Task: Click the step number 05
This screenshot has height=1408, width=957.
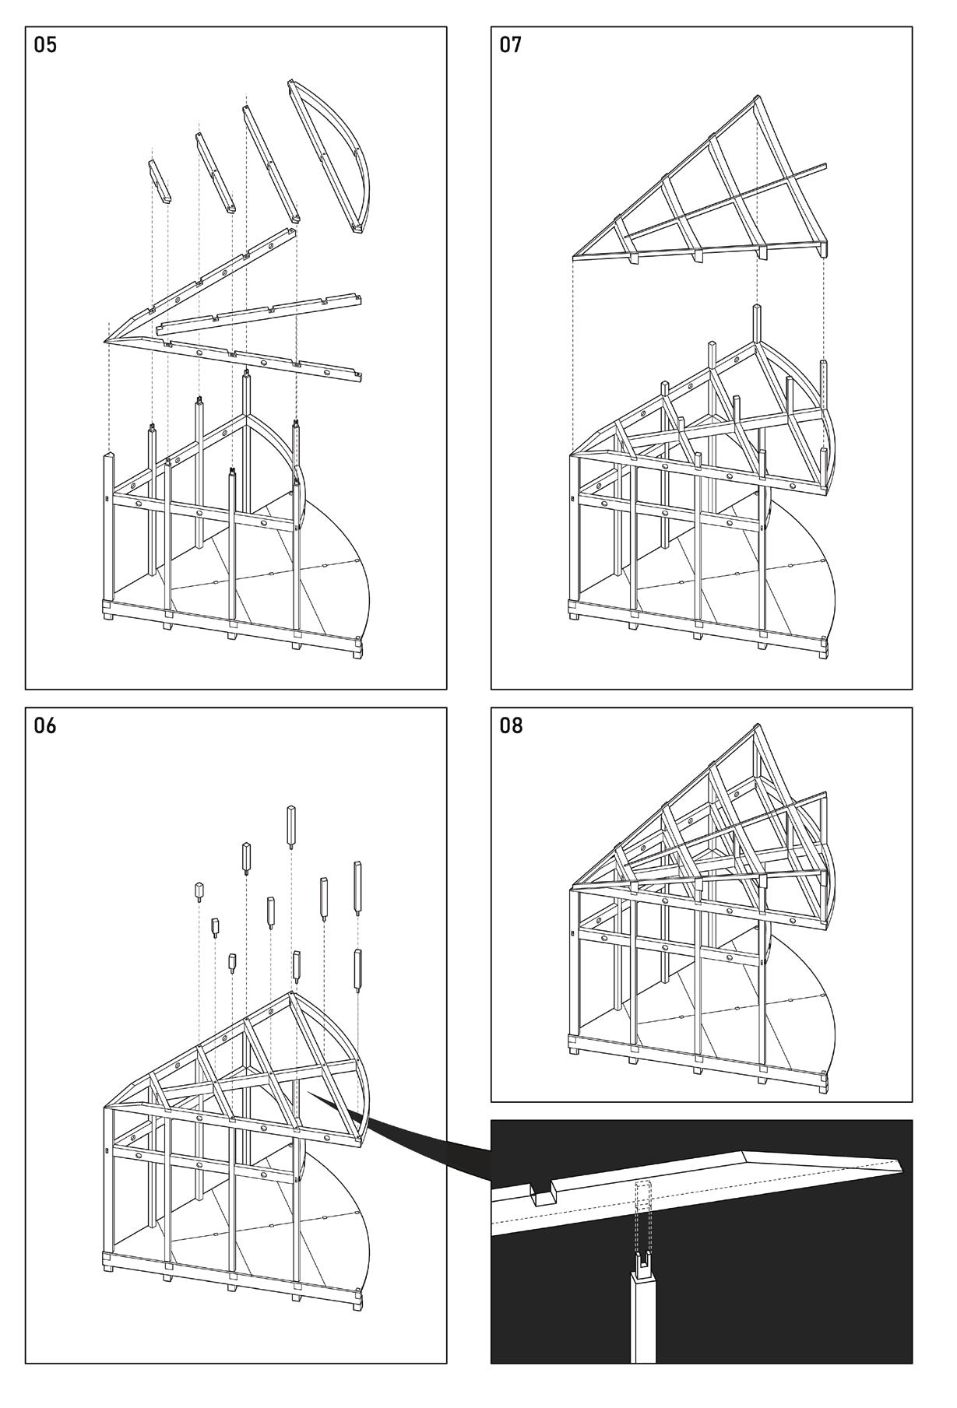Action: pos(45,45)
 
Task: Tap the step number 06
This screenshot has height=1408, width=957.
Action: pos(45,725)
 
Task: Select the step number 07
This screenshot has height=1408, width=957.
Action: pos(511,45)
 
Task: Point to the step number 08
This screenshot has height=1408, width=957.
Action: pos(511,725)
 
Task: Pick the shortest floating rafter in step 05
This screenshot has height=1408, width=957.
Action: pos(159,181)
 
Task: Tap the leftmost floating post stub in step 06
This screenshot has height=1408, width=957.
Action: pos(199,890)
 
